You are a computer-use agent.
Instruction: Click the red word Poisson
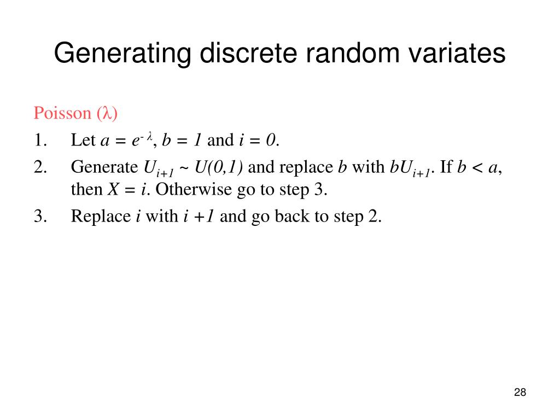coord(62,113)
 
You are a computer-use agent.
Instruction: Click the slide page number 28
coord(520,392)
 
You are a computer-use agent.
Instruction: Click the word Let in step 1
coord(84,141)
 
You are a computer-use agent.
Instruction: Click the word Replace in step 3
coord(101,217)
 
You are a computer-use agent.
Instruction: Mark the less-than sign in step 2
coord(476,167)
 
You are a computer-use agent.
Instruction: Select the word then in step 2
coord(86,190)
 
